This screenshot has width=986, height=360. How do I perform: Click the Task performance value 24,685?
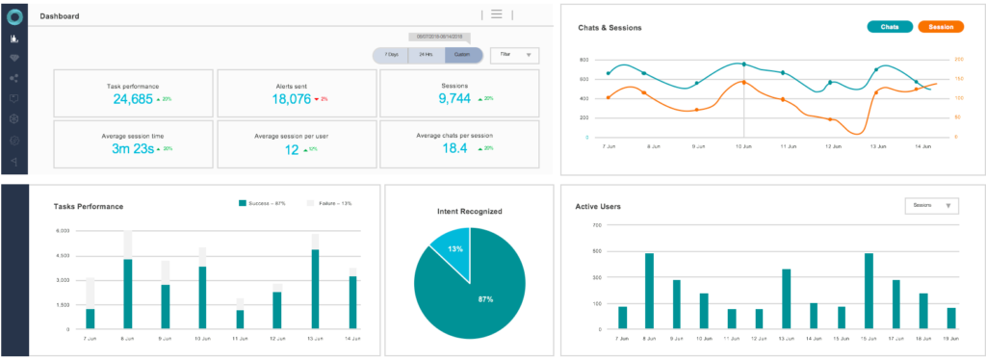[133, 99]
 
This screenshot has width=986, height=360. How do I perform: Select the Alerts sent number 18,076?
[291, 99]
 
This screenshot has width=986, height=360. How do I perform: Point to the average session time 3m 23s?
[134, 149]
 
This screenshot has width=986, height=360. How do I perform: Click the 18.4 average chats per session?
[454, 149]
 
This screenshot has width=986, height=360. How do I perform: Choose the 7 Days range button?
[390, 56]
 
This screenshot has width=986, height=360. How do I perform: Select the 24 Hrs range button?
[426, 56]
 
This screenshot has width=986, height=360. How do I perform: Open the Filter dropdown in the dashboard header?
[514, 56]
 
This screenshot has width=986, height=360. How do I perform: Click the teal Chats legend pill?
[890, 27]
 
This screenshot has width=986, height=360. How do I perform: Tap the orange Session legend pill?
[941, 27]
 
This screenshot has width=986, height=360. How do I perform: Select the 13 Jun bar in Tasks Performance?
[315, 289]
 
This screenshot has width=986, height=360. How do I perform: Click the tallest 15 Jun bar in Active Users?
[869, 292]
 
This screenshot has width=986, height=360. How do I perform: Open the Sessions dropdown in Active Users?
[932, 205]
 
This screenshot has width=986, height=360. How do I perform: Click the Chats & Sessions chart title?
[610, 28]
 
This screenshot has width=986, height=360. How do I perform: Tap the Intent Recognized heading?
[469, 210]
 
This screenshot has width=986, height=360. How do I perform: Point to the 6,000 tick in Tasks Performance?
[64, 231]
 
